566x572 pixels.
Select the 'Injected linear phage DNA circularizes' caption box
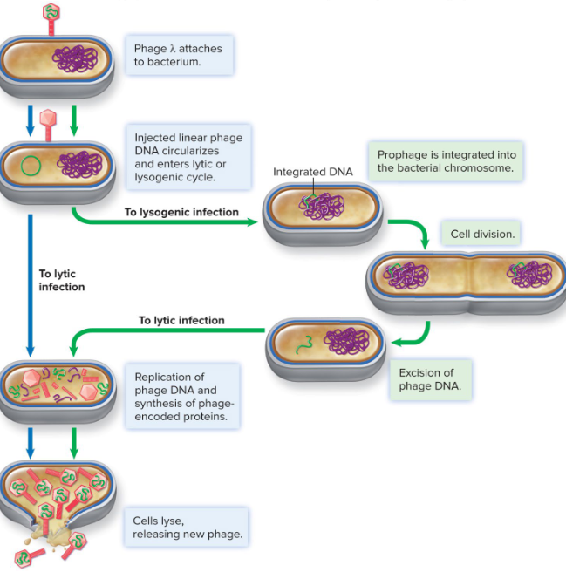tap(188, 158)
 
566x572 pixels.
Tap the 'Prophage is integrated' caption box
tap(446, 161)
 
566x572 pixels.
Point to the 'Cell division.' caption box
tap(482, 234)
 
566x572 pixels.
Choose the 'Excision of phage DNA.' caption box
tap(430, 380)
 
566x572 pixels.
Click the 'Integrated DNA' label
tap(312, 172)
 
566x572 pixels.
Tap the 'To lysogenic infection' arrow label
tap(181, 212)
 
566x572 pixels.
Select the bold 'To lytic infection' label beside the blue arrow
tap(61, 280)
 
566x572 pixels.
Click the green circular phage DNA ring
tap(32, 164)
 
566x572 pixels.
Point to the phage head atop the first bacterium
tap(51, 11)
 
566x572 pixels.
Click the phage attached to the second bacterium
tap(48, 119)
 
